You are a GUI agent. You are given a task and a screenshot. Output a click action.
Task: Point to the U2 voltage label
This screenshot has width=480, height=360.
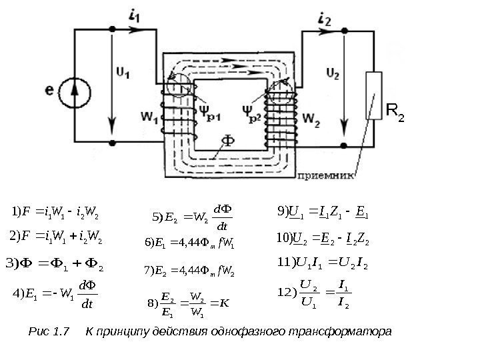tap(331, 69)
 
